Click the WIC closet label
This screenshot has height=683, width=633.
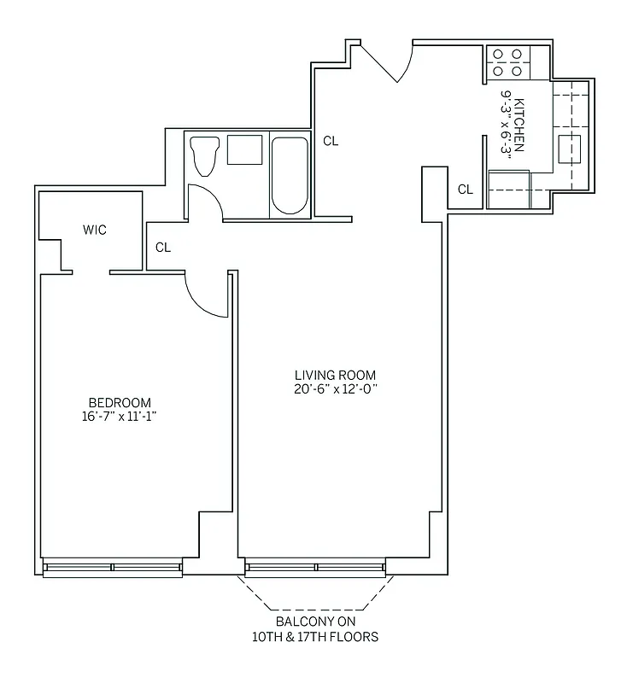click(95, 230)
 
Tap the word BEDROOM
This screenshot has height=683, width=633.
click(120, 403)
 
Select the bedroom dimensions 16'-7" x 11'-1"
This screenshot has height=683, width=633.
click(120, 417)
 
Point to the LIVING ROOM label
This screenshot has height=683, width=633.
click(335, 375)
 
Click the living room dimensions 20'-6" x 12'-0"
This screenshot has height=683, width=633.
click(335, 389)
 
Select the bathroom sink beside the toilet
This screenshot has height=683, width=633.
click(244, 150)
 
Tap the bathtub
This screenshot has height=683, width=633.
click(290, 175)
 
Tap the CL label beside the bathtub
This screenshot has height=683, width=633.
click(331, 142)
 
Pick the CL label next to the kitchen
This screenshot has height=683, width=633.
click(465, 190)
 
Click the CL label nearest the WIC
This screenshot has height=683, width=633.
click(163, 248)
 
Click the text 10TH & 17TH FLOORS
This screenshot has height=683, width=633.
click(315, 637)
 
